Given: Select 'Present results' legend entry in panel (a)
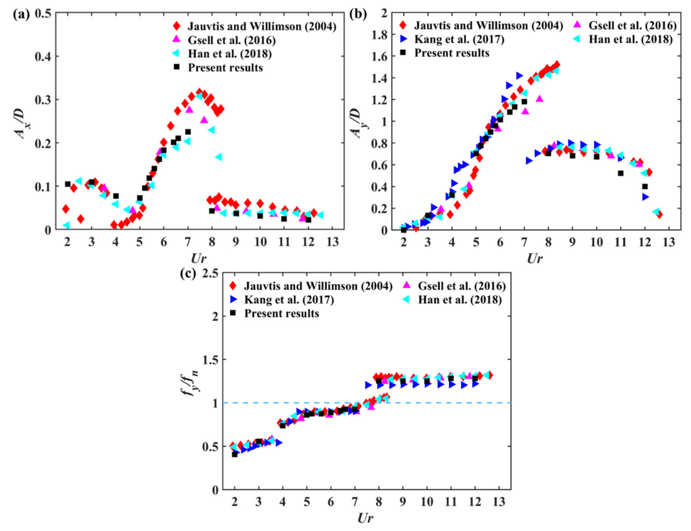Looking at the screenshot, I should pyautogui.click(x=225, y=68).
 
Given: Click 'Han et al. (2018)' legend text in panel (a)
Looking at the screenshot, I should pyautogui.click(x=230, y=54).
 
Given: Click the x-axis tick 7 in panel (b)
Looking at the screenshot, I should pyautogui.click(x=524, y=242).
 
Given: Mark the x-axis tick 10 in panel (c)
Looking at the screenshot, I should pyautogui.click(x=427, y=502).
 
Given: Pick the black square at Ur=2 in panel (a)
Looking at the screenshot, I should pyautogui.click(x=68, y=184).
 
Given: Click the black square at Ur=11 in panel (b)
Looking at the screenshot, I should pyautogui.click(x=621, y=173).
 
